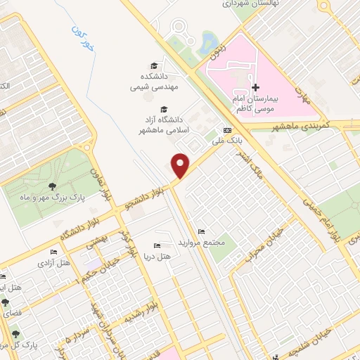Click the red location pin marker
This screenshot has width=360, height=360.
[181, 165]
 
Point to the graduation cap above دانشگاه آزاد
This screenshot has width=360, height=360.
[164, 109]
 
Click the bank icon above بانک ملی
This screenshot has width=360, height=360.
[226, 131]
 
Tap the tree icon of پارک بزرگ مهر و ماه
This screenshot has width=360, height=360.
[53, 186]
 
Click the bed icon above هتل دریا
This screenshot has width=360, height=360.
[156, 246]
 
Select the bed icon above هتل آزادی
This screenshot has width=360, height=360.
[53, 252]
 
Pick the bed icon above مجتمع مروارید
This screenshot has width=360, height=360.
[202, 232]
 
